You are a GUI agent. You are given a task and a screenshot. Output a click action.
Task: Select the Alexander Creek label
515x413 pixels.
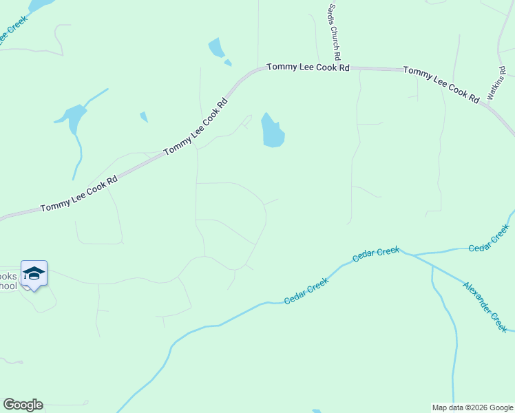point(485,307)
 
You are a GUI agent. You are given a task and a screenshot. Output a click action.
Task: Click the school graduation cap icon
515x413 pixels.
point(34,273)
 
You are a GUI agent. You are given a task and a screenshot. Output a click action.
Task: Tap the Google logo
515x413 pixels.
point(23,405)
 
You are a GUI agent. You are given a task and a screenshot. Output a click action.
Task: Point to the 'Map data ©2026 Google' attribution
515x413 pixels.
point(472,407)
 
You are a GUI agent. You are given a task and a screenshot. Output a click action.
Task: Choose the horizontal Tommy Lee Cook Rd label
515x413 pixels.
point(308,67)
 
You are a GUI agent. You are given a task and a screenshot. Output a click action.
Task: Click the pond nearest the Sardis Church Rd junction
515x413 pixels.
point(272,130)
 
